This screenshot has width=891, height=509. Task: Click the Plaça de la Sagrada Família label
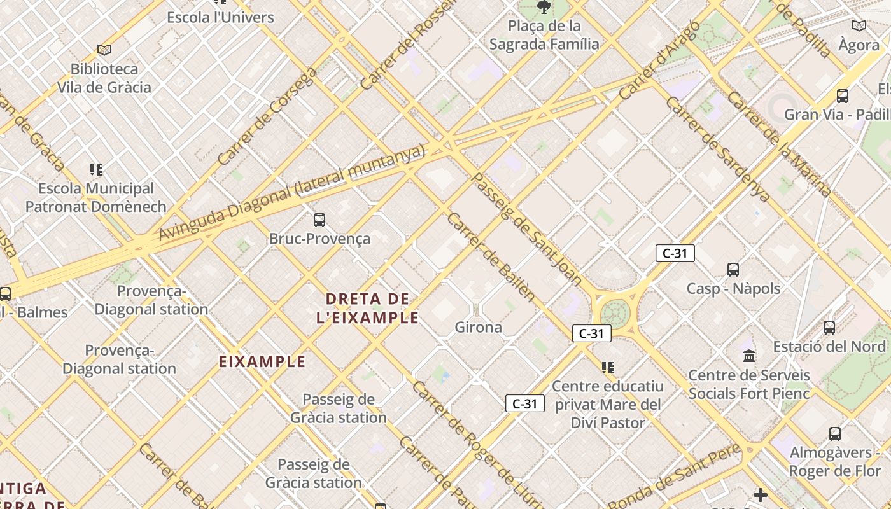(544, 35)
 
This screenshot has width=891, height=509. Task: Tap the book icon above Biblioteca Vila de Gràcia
(104, 50)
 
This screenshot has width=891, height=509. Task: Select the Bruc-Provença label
(319, 239)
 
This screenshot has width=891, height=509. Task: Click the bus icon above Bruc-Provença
(319, 220)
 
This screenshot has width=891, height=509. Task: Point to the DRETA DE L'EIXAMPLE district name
(368, 308)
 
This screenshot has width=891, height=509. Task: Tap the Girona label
(478, 328)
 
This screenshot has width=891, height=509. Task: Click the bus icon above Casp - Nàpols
(733, 270)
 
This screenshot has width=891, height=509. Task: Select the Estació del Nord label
(829, 347)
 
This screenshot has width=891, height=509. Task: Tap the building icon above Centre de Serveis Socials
(749, 356)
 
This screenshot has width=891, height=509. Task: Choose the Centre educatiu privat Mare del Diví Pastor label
(607, 404)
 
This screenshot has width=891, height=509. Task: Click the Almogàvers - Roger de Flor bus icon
(835, 434)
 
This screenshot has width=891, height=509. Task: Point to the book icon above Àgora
(859, 26)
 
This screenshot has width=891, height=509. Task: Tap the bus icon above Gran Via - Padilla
(843, 96)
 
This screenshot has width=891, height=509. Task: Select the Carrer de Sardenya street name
(718, 150)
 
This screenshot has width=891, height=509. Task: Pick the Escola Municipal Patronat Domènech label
(96, 197)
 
